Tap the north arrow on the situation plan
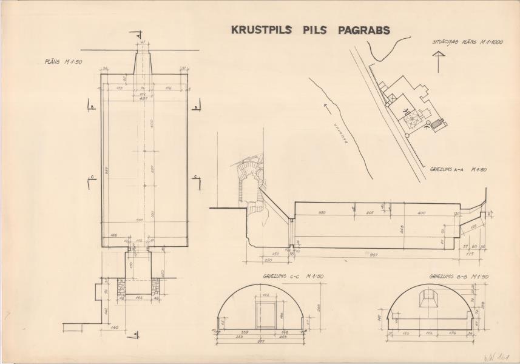(x=437, y=61)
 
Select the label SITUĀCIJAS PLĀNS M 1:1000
(x=459, y=42)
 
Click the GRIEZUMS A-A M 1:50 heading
(x=458, y=170)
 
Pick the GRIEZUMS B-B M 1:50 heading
(x=458, y=277)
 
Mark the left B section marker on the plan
(x=91, y=107)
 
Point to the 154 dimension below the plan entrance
(x=138, y=297)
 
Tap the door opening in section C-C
(x=265, y=315)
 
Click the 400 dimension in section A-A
(x=422, y=213)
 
